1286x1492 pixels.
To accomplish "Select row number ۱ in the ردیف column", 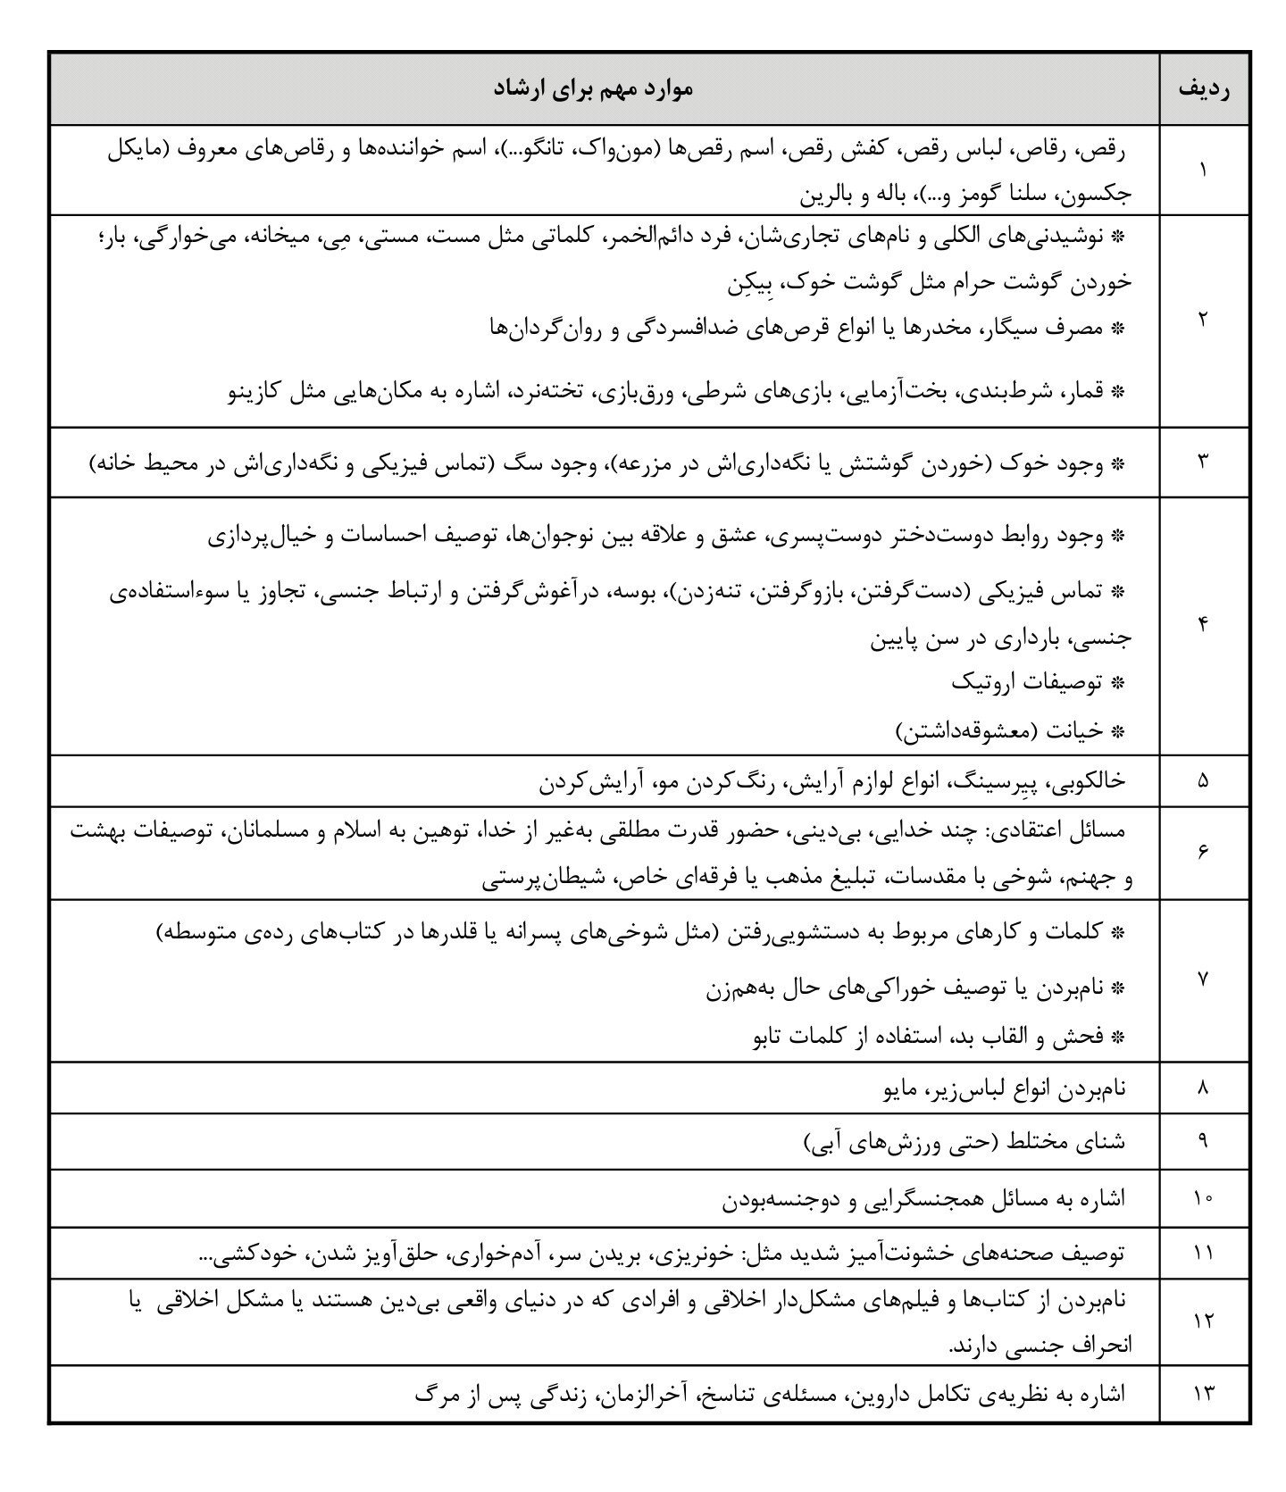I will point(1202,170).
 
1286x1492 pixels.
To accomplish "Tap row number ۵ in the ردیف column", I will point(1202,780).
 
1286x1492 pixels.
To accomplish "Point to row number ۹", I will point(1202,1141).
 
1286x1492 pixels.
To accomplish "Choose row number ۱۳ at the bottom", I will point(1202,1393).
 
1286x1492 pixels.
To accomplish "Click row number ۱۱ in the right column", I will point(1202,1254).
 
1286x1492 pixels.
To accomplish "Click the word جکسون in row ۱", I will point(1101,193).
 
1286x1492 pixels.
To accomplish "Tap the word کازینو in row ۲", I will point(257,391).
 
